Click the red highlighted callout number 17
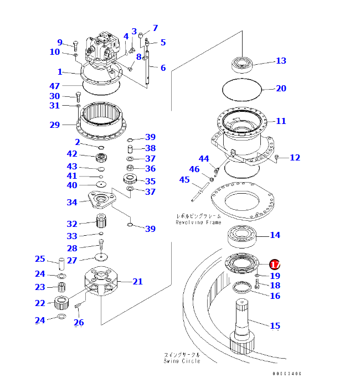pos(275,265)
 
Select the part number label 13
pos(281,60)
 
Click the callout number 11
pos(281,121)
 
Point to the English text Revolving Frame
pos(198,222)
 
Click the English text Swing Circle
pos(182,361)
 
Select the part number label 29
pos(54,125)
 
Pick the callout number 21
pos(137,281)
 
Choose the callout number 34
pos(72,202)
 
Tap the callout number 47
pos(54,86)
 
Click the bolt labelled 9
pos(76,44)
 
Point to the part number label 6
pos(163,68)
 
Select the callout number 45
pos(184,180)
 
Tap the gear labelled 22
pos(62,302)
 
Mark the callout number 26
pos(79,322)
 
